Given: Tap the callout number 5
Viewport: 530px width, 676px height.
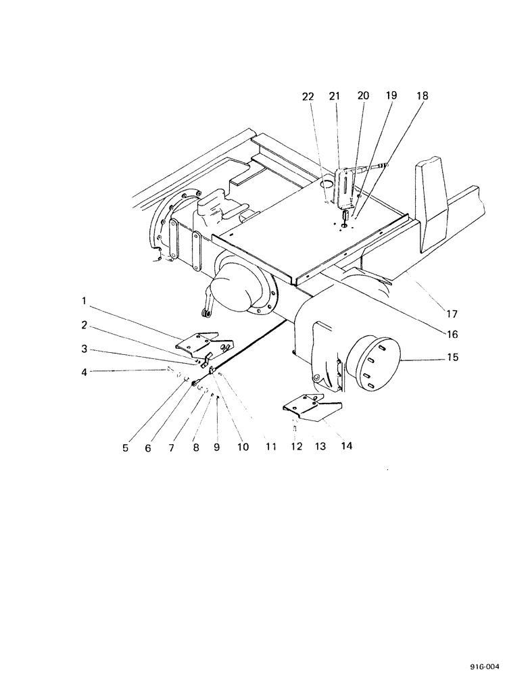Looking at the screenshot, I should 125,447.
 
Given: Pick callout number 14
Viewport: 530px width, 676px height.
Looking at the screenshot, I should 347,446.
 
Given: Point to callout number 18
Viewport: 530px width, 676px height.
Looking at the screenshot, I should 422,97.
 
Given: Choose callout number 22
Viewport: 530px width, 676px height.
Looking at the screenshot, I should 308,97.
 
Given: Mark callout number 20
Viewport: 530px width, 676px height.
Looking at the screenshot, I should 363,97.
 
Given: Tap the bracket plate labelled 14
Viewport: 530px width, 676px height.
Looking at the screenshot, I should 311,411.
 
